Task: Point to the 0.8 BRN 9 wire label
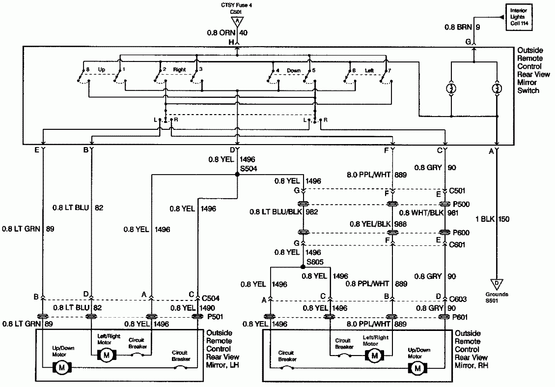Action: (462, 28)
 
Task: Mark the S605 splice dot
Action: (303, 267)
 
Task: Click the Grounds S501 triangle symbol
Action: (497, 284)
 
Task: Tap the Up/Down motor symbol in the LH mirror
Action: (62, 366)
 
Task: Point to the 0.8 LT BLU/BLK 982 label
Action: (285, 212)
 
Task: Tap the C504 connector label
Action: (211, 298)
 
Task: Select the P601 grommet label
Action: (460, 317)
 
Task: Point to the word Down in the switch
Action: (294, 70)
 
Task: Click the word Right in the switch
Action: (179, 69)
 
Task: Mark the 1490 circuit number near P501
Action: (208, 308)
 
